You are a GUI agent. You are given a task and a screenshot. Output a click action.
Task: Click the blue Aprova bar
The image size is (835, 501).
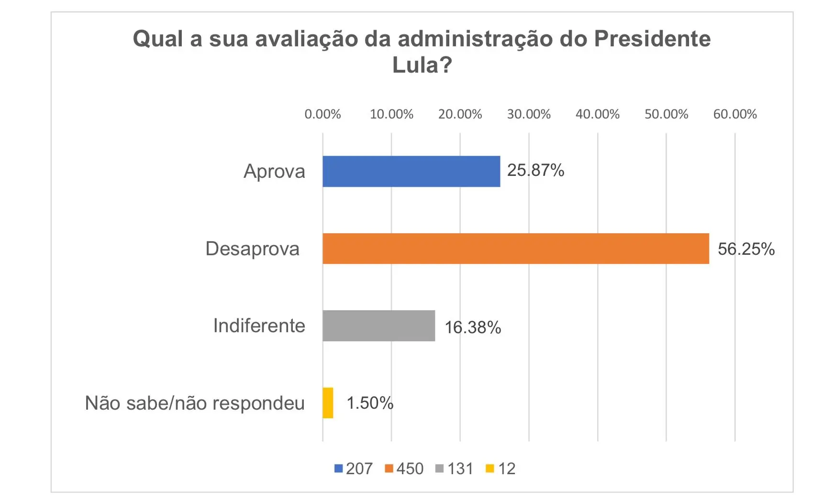411,171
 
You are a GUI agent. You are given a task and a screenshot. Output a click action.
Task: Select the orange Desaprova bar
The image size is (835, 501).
515,249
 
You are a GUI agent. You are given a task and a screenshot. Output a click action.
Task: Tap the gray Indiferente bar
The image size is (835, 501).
379,326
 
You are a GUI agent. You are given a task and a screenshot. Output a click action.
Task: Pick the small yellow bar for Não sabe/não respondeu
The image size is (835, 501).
328,403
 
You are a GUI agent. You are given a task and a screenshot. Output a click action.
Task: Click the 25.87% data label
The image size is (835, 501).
535,170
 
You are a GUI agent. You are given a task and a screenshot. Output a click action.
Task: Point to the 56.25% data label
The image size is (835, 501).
746,249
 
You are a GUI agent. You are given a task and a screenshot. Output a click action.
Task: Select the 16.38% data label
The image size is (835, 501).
473,327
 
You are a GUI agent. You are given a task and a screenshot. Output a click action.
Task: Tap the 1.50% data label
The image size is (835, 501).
370,403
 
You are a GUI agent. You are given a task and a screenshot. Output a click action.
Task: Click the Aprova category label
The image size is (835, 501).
274,171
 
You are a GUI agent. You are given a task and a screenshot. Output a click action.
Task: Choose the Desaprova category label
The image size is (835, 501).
252,249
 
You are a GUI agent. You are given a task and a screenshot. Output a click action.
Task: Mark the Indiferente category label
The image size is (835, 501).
259,326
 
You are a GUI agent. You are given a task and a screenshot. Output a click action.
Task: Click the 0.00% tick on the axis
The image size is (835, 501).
323,114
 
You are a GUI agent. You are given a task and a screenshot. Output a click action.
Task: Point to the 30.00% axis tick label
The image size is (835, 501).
529,114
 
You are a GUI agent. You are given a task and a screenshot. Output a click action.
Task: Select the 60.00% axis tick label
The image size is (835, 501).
735,114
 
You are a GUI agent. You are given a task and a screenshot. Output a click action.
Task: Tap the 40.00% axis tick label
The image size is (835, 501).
597,114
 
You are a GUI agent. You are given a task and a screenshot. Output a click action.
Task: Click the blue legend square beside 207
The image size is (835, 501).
339,468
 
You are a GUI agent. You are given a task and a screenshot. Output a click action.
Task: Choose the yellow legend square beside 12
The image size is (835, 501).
490,468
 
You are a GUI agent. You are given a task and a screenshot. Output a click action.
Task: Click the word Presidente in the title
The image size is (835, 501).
652,39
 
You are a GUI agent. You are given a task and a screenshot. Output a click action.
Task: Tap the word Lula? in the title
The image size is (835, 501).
422,65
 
